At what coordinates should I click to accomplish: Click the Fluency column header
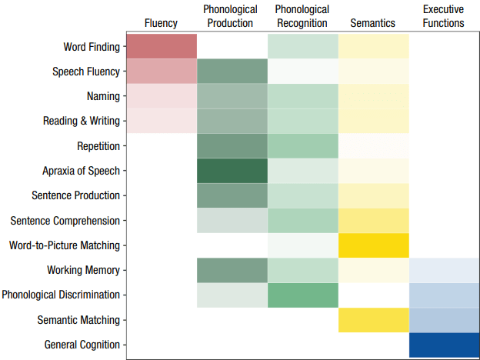[x=161, y=23]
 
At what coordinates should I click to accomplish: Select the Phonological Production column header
[x=230, y=16]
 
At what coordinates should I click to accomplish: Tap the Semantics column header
[x=373, y=23]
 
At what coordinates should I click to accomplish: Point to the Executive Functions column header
[x=444, y=16]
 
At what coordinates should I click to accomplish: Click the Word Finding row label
[x=92, y=47]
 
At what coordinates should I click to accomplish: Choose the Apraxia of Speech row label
[x=82, y=171]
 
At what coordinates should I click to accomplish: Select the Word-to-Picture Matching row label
[x=65, y=245]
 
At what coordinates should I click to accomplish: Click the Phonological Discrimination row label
[x=61, y=295]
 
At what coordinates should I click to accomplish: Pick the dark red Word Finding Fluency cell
[x=161, y=46]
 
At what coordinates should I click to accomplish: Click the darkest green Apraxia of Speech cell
[x=232, y=171]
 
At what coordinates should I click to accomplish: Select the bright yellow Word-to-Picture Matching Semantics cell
[x=373, y=245]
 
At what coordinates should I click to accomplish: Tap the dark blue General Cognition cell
[x=444, y=345]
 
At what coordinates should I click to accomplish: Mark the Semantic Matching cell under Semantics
[x=373, y=320]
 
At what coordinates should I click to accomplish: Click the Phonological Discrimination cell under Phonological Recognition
[x=302, y=295]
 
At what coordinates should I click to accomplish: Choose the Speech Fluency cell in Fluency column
[x=161, y=72]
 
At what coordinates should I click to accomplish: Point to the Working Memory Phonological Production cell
[x=232, y=270]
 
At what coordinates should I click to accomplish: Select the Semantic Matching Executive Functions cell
[x=444, y=320]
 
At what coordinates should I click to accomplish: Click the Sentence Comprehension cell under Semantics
[x=373, y=221]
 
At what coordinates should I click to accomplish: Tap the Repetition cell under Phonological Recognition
[x=302, y=146]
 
